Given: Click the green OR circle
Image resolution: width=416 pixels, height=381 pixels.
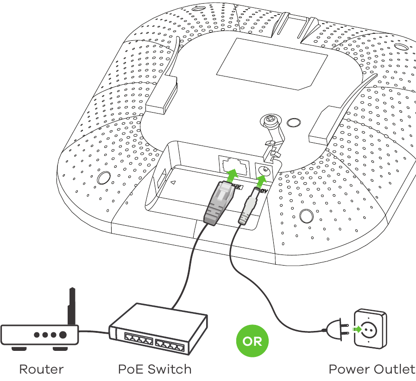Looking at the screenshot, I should (252, 342).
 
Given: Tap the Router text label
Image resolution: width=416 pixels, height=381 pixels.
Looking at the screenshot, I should (41, 369).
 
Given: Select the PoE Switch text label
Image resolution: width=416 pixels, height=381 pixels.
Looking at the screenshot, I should (155, 369).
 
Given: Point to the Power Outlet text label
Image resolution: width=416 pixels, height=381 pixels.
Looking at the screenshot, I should (372, 369).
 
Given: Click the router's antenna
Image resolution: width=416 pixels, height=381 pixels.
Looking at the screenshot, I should (72, 306).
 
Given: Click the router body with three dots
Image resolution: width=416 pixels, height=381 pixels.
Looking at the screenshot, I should (40, 335).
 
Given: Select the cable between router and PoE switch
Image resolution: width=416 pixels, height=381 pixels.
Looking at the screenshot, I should (94, 331).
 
